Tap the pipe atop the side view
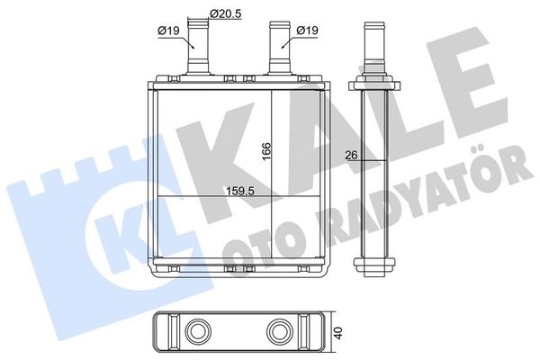(x=374, y=45)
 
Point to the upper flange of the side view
(x=374, y=84)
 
